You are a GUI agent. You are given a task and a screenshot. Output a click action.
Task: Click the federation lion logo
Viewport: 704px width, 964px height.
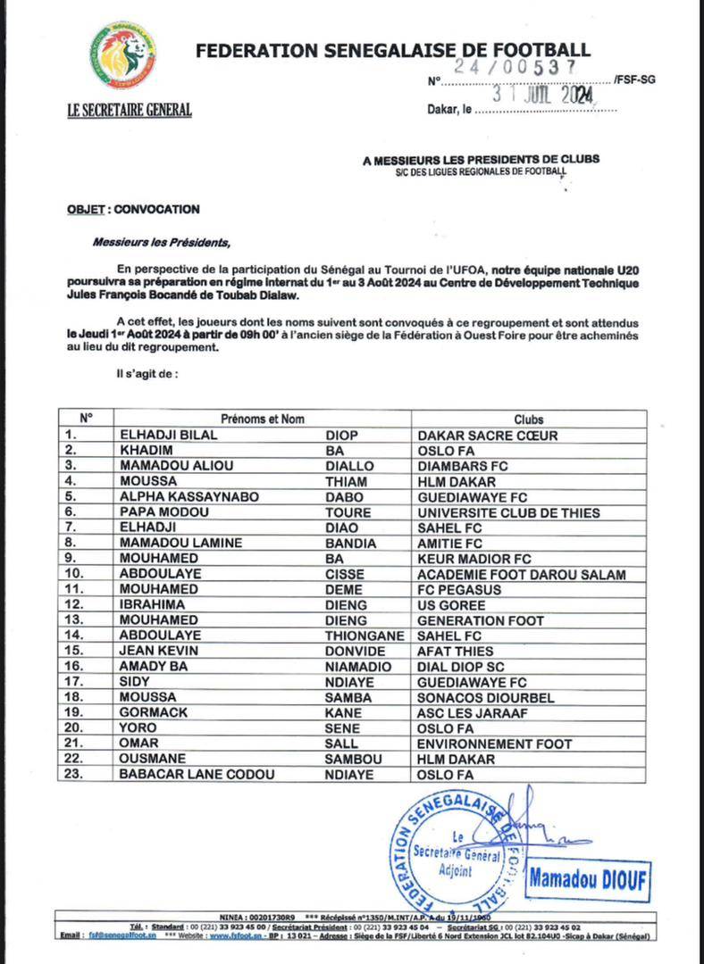(x=122, y=55)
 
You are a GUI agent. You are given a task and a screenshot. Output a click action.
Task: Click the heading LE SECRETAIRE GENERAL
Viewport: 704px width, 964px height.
(x=130, y=111)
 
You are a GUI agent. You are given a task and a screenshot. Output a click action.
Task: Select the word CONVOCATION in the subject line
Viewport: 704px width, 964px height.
(x=157, y=209)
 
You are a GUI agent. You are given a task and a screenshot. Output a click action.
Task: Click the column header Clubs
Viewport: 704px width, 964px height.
(x=528, y=419)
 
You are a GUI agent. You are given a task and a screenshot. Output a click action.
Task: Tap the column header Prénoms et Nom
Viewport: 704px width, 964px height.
(x=263, y=419)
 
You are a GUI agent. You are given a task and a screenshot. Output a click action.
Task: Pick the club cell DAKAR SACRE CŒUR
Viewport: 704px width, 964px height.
(x=487, y=435)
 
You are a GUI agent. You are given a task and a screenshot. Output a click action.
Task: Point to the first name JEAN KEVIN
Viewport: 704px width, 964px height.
(x=158, y=651)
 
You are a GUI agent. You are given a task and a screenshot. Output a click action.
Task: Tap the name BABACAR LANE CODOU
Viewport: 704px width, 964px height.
(x=197, y=775)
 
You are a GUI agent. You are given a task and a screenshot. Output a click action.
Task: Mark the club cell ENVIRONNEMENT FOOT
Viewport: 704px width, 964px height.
(x=494, y=744)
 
